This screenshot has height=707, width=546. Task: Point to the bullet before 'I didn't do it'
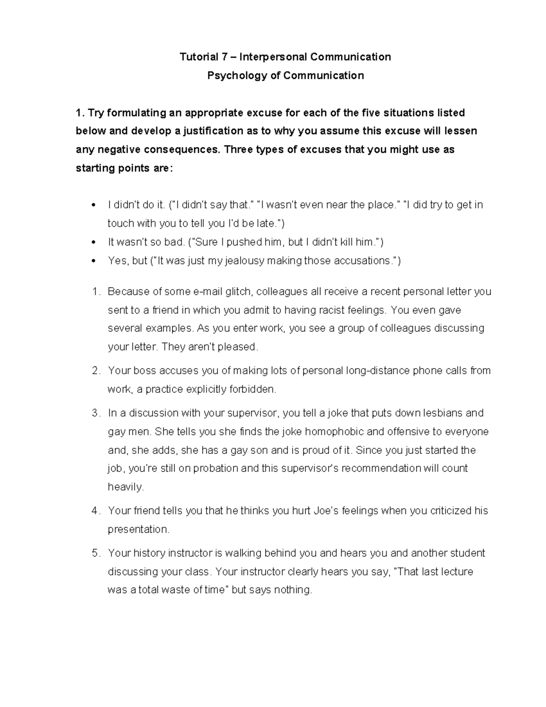[x=93, y=205]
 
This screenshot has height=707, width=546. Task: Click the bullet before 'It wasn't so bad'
[x=93, y=243]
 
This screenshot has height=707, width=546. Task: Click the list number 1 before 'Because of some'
[x=95, y=291]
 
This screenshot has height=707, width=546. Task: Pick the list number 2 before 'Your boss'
[x=95, y=371]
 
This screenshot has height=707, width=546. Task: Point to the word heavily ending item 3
[x=125, y=487]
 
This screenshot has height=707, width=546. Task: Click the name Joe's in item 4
[x=326, y=511]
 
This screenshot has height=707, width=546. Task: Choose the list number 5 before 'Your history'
[x=95, y=553]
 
